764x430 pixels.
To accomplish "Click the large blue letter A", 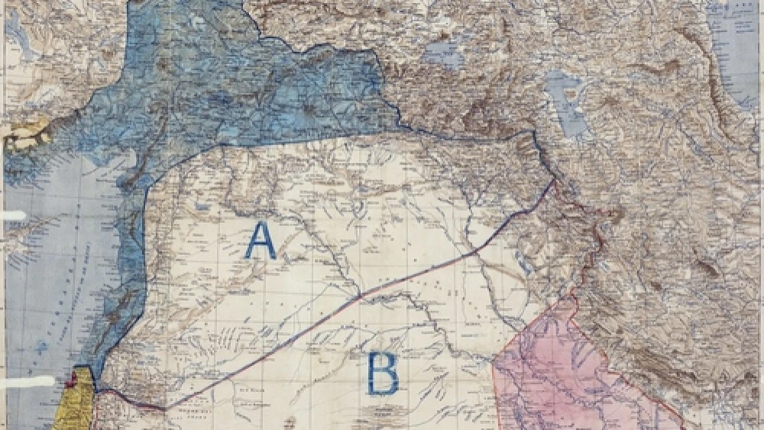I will (261, 241).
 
